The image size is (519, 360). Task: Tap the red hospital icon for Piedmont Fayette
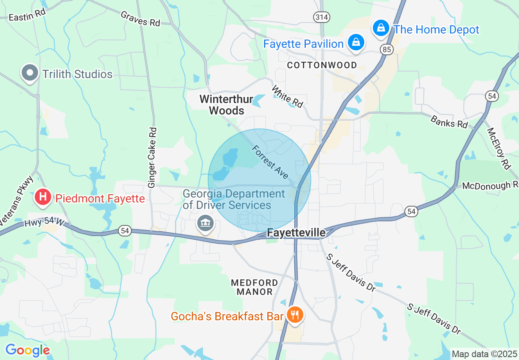tap(43, 197)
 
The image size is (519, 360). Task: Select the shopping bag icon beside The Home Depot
tap(381, 28)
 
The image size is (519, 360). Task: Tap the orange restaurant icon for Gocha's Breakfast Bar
tap(294, 315)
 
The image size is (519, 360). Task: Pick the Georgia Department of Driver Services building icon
tap(205, 223)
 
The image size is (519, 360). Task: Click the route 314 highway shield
tap(322, 17)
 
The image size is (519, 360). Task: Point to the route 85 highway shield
tap(387, 49)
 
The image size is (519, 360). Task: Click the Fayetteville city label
tap(296, 232)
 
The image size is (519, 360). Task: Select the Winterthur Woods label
tap(221, 105)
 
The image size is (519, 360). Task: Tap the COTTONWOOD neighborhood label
tap(322, 65)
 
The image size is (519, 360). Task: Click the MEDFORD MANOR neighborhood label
tap(254, 287)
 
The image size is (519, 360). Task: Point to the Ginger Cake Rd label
tap(153, 157)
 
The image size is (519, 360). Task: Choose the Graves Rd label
tap(140, 19)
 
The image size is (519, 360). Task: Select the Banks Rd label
tap(449, 121)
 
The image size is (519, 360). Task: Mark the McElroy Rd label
tap(499, 148)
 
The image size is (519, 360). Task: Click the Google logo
tap(27, 350)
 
